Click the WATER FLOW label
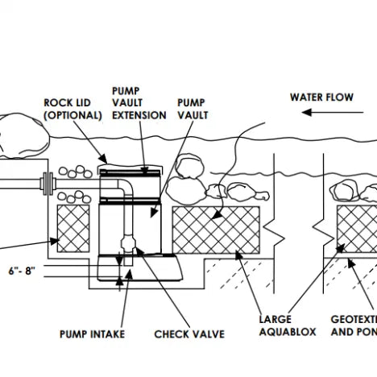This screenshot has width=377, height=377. click(322, 97)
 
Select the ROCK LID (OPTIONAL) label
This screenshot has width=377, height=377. click(73, 109)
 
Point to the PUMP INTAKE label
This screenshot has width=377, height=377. click(92, 333)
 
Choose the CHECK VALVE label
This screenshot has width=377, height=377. click(189, 333)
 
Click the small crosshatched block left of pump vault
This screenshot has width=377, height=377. click(72, 229)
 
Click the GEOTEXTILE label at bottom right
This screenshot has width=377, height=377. click(354, 325)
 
